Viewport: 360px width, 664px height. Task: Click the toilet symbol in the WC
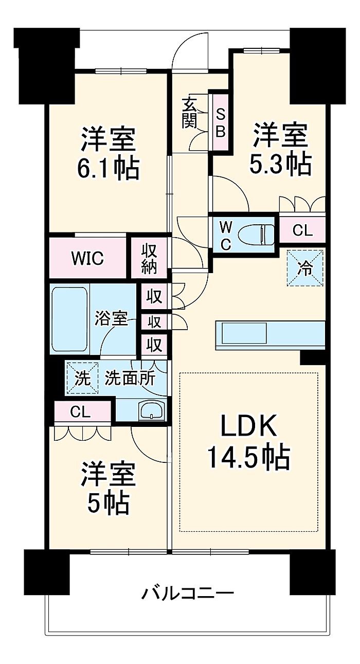[x=257, y=235]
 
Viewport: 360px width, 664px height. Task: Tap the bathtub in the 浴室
[x=70, y=319]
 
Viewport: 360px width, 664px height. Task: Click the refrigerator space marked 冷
[x=304, y=268]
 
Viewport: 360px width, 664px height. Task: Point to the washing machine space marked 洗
[x=82, y=378]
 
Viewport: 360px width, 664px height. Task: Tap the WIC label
[x=88, y=258]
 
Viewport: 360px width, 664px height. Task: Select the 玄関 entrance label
[x=189, y=113]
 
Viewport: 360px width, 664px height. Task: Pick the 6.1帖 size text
[x=108, y=169]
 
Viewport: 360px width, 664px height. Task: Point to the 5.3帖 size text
[x=280, y=164]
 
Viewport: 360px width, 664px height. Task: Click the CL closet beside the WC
[x=302, y=230]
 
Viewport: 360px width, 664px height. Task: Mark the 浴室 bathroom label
[x=111, y=318]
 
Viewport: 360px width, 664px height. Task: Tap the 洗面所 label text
[x=130, y=378]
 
